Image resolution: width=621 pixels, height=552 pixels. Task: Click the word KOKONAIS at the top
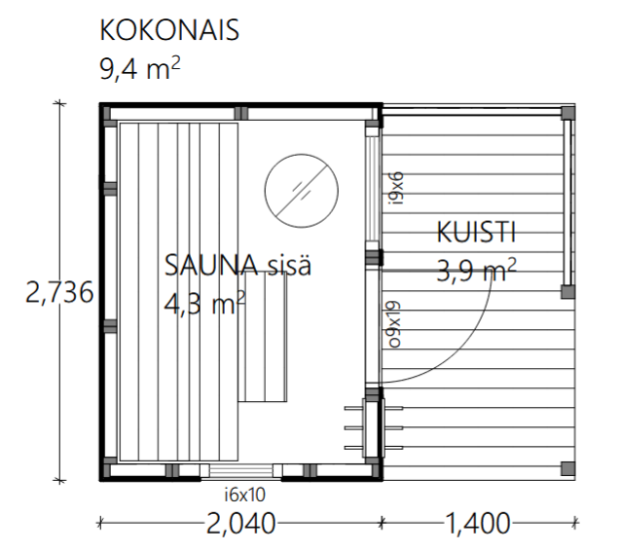pyautogui.click(x=169, y=30)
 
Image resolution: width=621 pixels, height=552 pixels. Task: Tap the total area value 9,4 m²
pyautogui.click(x=140, y=68)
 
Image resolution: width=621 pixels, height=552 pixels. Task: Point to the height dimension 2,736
pyautogui.click(x=59, y=292)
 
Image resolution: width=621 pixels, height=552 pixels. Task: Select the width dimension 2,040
pyautogui.click(x=240, y=524)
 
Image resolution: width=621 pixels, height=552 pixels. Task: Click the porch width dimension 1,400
pyautogui.click(x=478, y=524)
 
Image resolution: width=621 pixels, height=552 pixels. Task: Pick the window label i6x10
pyautogui.click(x=244, y=495)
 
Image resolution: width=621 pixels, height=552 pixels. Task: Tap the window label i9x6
pyautogui.click(x=396, y=188)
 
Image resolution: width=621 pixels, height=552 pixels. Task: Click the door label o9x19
pyautogui.click(x=394, y=325)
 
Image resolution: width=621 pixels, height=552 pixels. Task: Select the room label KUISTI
pyautogui.click(x=476, y=233)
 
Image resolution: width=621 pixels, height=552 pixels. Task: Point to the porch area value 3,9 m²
pyautogui.click(x=476, y=270)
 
